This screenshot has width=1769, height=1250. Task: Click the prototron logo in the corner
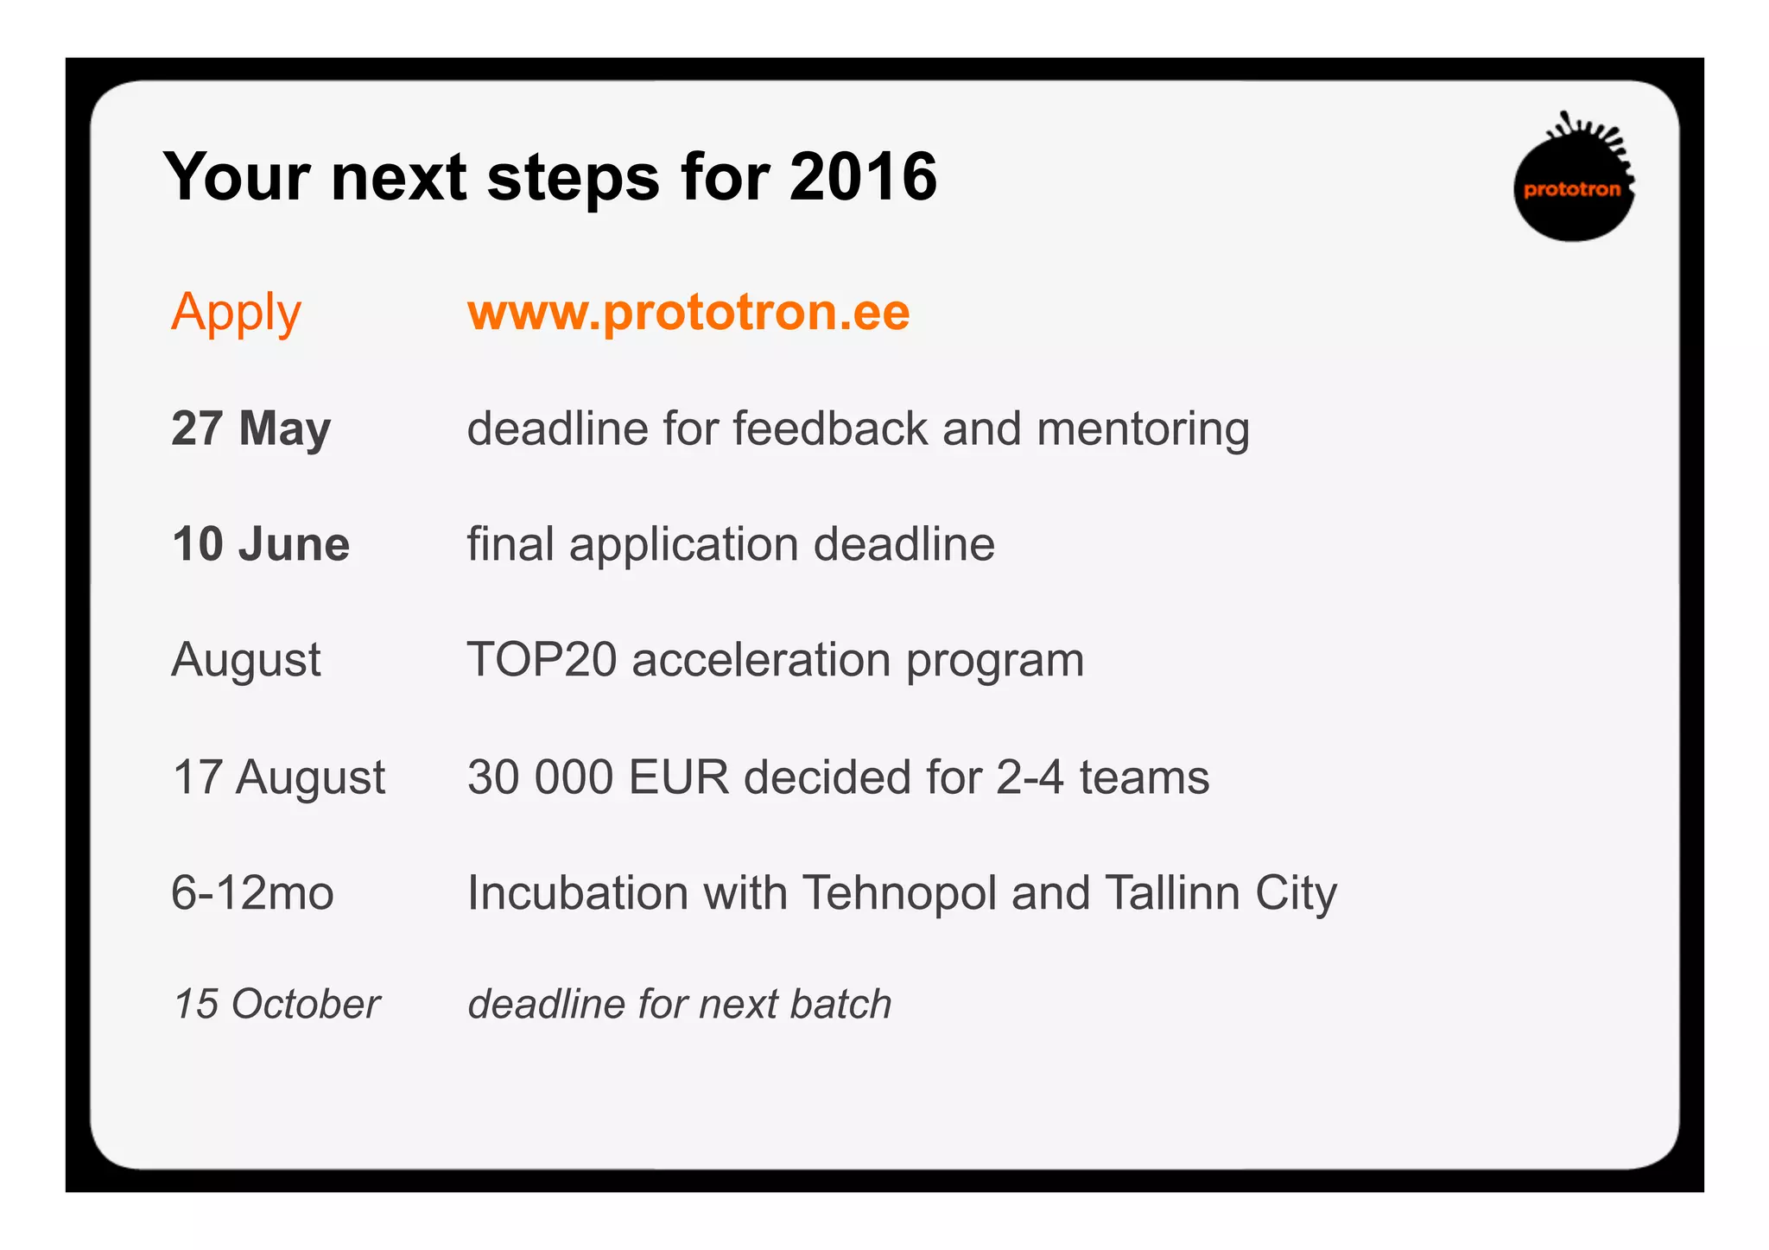pyautogui.click(x=1573, y=181)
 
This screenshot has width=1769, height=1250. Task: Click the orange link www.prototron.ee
pyautogui.click(x=688, y=312)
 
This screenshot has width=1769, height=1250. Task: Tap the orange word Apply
pyautogui.click(x=236, y=313)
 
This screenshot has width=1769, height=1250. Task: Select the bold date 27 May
pyautogui.click(x=250, y=428)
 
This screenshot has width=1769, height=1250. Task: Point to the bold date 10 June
pyautogui.click(x=261, y=544)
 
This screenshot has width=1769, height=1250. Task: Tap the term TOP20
pyautogui.click(x=542, y=660)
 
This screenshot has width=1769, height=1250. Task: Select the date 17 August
pyautogui.click(x=278, y=777)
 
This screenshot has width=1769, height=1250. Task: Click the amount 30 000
pyautogui.click(x=540, y=777)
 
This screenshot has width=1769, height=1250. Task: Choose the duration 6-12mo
pyautogui.click(x=252, y=892)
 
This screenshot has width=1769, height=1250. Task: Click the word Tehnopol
pyautogui.click(x=899, y=892)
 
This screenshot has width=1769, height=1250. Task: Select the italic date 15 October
pyautogui.click(x=276, y=1004)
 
